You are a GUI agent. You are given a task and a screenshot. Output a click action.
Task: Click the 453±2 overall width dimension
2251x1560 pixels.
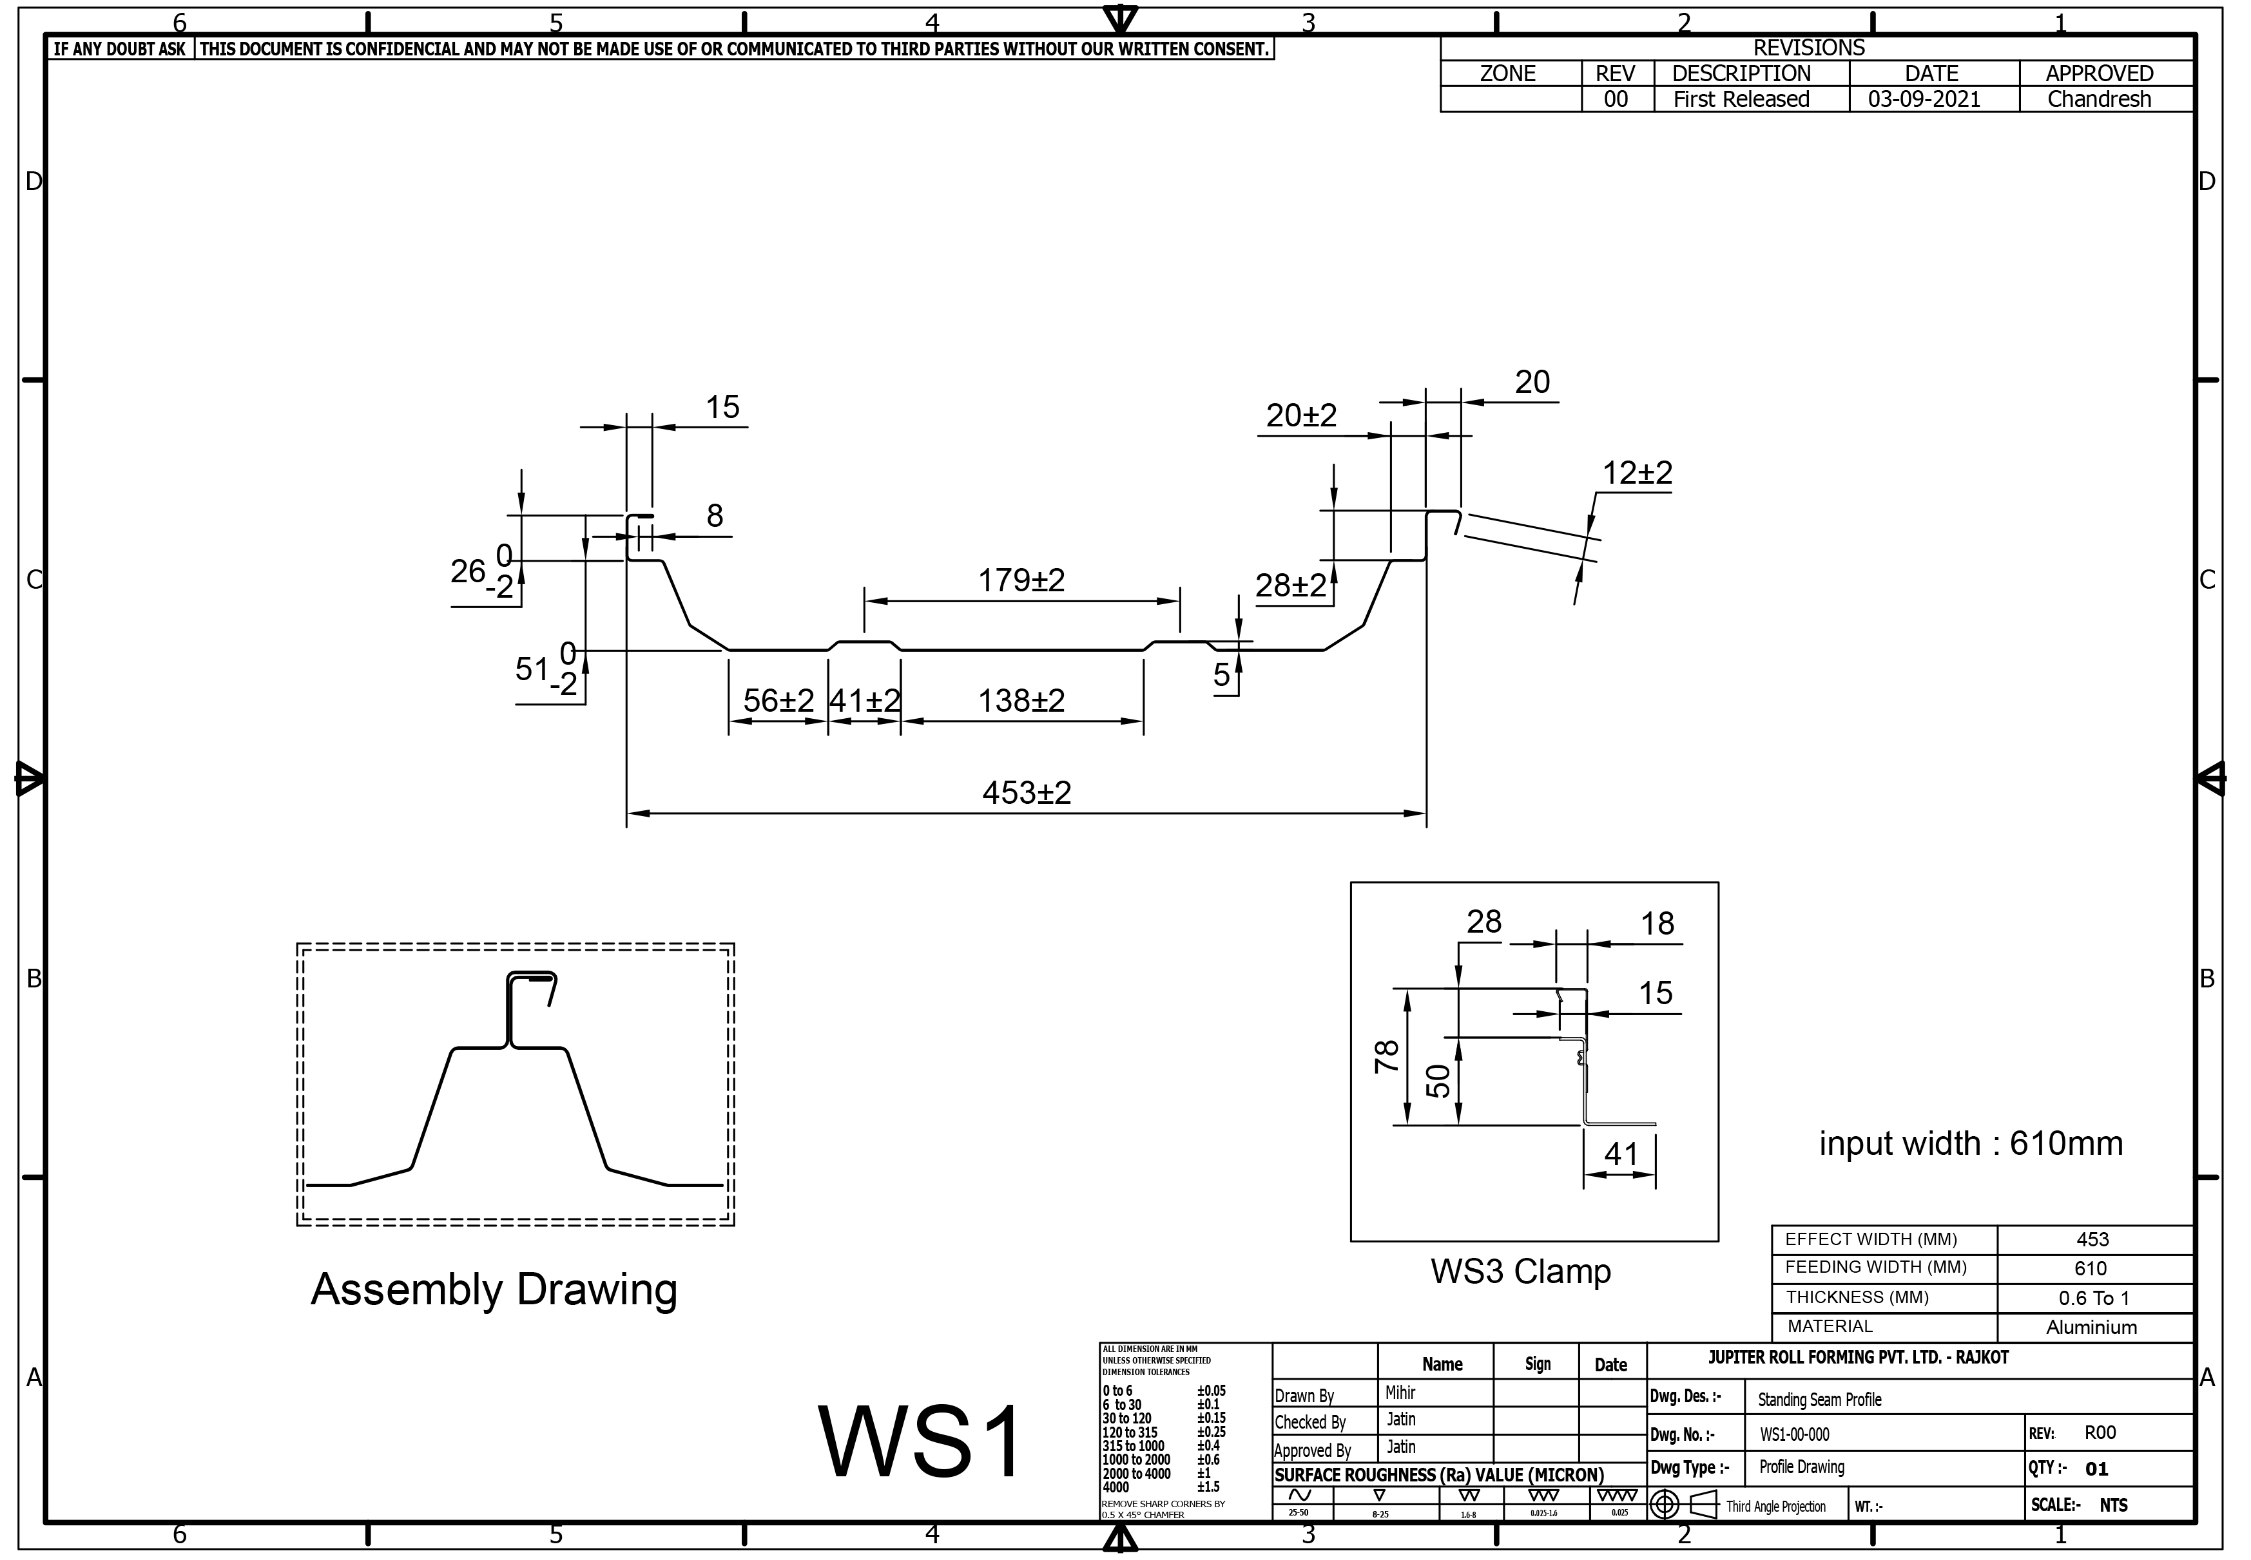coord(1026,793)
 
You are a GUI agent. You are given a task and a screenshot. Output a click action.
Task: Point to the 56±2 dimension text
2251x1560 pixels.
coord(778,701)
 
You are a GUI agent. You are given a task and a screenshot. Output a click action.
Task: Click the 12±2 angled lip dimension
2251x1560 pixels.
coord(1637,473)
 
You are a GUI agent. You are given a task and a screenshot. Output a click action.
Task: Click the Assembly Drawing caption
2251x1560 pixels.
coord(494,1289)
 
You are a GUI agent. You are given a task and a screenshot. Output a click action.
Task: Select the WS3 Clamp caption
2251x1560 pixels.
coord(1521,1271)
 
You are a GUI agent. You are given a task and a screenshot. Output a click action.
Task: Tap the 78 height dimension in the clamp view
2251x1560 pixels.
coord(1387,1056)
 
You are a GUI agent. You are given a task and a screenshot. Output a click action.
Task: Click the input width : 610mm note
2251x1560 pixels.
coord(1971,1144)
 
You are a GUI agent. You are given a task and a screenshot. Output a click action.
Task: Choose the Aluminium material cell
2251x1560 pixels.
coord(2092,1327)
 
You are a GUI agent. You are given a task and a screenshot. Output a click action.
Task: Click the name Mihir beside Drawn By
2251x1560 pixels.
coord(1400,1393)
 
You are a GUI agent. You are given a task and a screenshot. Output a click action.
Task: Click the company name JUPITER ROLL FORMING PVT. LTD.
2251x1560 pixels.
coord(1858,1358)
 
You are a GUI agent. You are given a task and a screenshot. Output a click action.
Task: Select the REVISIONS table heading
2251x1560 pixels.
coord(1809,48)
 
